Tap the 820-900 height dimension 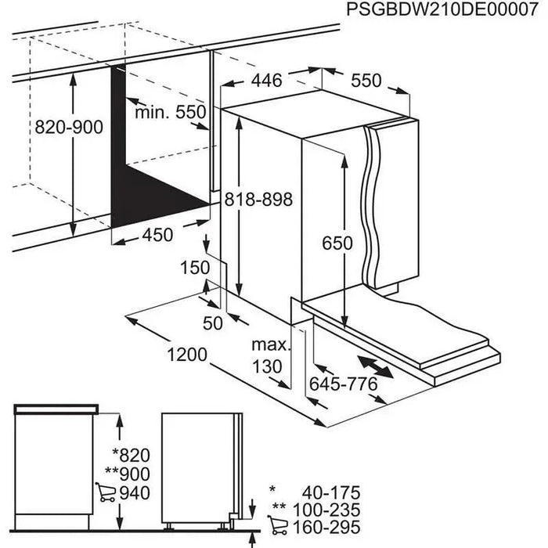(69, 127)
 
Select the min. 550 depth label (170, 112)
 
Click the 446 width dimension (266, 79)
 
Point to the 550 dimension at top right (366, 80)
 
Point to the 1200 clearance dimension (187, 355)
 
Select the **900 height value (128, 474)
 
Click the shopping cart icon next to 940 (104, 492)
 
